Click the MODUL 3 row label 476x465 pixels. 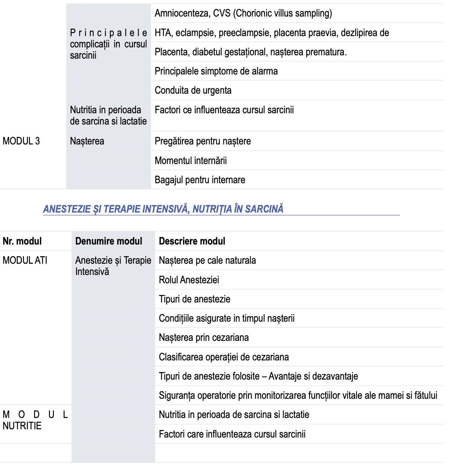coord(21,141)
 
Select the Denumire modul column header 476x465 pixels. coord(108,241)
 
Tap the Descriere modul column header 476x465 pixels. coord(192,241)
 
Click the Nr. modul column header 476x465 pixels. coord(22,241)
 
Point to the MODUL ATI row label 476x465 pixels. coord(25,260)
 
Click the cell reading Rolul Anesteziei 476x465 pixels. coord(189,280)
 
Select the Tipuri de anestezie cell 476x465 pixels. coord(194,299)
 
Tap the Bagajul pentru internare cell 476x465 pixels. coord(200,180)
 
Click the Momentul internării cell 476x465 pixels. coord(191,161)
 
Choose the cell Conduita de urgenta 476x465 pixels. coord(193,90)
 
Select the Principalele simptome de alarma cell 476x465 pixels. coord(216,71)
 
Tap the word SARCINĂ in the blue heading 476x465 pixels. coord(264,209)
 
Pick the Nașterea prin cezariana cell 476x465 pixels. coord(203,337)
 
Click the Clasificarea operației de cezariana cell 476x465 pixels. coord(224,357)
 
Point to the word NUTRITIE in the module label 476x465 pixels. coord(22,426)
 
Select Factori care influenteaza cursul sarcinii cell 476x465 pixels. coord(232,434)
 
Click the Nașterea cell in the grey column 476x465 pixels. coord(87,141)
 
